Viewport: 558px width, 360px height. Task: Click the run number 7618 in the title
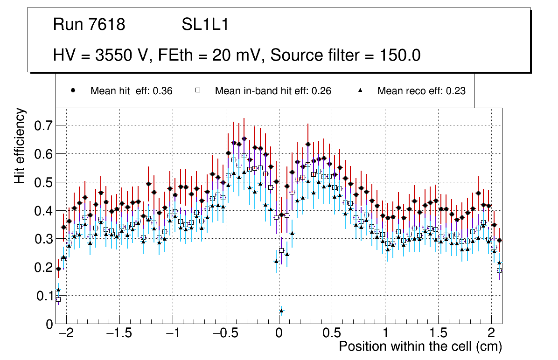click(106, 25)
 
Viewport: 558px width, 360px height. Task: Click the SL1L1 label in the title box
click(205, 25)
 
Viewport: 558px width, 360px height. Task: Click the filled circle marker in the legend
click(73, 91)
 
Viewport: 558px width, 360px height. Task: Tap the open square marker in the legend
click(197, 91)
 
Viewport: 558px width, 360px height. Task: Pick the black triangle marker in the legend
click(360, 91)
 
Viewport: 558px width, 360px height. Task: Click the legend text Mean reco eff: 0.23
click(421, 91)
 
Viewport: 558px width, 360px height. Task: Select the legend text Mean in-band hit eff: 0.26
click(273, 91)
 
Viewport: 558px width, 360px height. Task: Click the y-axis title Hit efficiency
click(20, 145)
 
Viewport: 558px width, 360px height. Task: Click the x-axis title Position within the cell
click(420, 346)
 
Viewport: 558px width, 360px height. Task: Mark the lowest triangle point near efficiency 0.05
click(281, 311)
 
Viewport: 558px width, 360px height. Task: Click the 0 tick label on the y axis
click(49, 324)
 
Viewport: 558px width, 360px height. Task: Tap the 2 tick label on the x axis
click(491, 334)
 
